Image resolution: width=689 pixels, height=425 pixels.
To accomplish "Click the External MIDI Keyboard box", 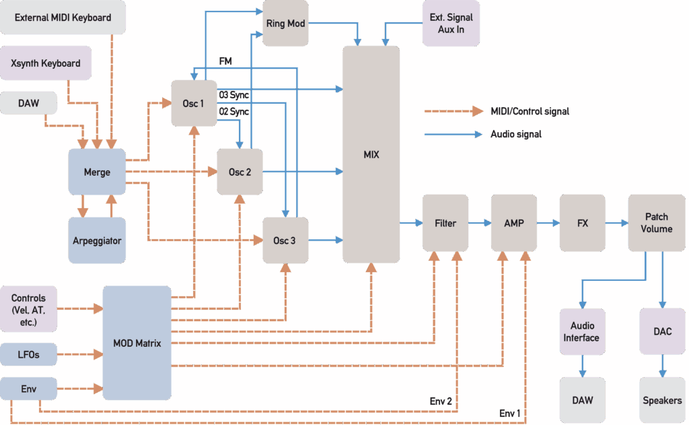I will pyautogui.click(x=63, y=18).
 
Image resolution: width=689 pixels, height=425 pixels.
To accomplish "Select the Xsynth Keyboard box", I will pyautogui.click(x=46, y=63).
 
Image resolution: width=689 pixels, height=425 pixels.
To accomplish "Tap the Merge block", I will pyautogui.click(x=97, y=172).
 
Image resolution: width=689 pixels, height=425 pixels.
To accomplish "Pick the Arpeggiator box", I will pyautogui.click(x=97, y=240).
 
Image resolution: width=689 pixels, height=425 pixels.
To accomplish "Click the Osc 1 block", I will pyautogui.click(x=194, y=103).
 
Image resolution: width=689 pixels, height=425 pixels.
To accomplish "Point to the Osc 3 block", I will pyautogui.click(x=285, y=240).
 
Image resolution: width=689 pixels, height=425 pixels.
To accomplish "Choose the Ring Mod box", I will pyautogui.click(x=285, y=24).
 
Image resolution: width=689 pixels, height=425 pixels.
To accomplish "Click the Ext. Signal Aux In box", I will pyautogui.click(x=451, y=24).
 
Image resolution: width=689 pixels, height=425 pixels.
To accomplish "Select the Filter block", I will pyautogui.click(x=445, y=223).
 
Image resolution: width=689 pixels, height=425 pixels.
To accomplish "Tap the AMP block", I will pyautogui.click(x=514, y=223).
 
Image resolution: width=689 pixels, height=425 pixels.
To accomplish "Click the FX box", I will pyautogui.click(x=583, y=223).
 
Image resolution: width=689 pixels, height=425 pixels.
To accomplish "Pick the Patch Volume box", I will pyautogui.click(x=656, y=223).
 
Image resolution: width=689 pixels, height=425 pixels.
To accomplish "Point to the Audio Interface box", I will pyautogui.click(x=581, y=331).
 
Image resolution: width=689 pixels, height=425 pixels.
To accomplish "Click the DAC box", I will pyautogui.click(x=662, y=331).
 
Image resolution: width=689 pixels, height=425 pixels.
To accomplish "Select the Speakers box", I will pyautogui.click(x=662, y=400).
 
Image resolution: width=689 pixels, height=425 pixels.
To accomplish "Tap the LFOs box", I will pyautogui.click(x=28, y=353).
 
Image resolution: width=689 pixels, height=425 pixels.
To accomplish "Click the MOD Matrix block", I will pyautogui.click(x=137, y=344).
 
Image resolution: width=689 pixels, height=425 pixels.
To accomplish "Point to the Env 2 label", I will pyautogui.click(x=441, y=402).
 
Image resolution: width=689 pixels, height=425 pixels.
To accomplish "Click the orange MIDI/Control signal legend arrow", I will pyautogui.click(x=454, y=111).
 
